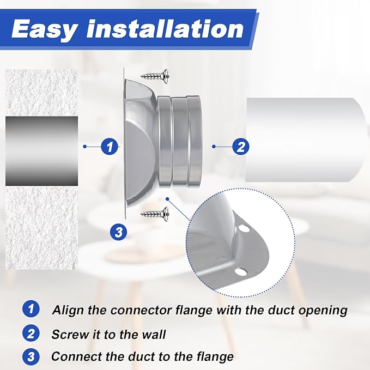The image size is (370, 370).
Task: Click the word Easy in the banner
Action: [x=45, y=29]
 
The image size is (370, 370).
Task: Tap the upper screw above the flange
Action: [x=155, y=76]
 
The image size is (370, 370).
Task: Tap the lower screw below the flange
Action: [x=155, y=214]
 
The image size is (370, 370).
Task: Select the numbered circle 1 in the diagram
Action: [x=110, y=147]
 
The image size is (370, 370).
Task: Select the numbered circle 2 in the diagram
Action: [x=241, y=147]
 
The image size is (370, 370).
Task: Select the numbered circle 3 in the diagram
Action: [x=118, y=232]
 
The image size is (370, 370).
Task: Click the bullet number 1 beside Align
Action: [x=31, y=309]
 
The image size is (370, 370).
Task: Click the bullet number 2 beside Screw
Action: [x=31, y=333]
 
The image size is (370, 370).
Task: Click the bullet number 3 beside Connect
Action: [x=31, y=356]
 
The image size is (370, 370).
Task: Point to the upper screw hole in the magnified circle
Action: [x=244, y=228]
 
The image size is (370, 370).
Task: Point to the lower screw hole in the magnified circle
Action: [x=241, y=272]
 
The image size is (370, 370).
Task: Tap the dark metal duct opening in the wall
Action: [x=41, y=151]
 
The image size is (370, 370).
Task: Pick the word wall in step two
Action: [x=154, y=334]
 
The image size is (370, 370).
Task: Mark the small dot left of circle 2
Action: [x=214, y=147]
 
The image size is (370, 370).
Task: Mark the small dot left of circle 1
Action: [x=84, y=147]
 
